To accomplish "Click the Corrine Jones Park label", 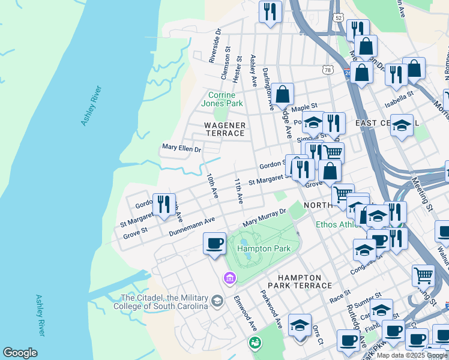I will coord(225,99).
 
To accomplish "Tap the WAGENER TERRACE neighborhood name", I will coord(225,129).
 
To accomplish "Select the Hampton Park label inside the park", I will coord(264,248).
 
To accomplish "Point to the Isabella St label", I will coord(399,98).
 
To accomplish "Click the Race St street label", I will coord(339,296).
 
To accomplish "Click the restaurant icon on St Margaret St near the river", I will coord(164,204).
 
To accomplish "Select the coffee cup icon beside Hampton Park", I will coord(214,244).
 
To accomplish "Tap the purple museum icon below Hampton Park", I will coord(229,278).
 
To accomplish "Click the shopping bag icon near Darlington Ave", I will coord(282,94).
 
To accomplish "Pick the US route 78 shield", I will coord(328,70).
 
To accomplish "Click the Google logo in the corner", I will coord(20,353).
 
